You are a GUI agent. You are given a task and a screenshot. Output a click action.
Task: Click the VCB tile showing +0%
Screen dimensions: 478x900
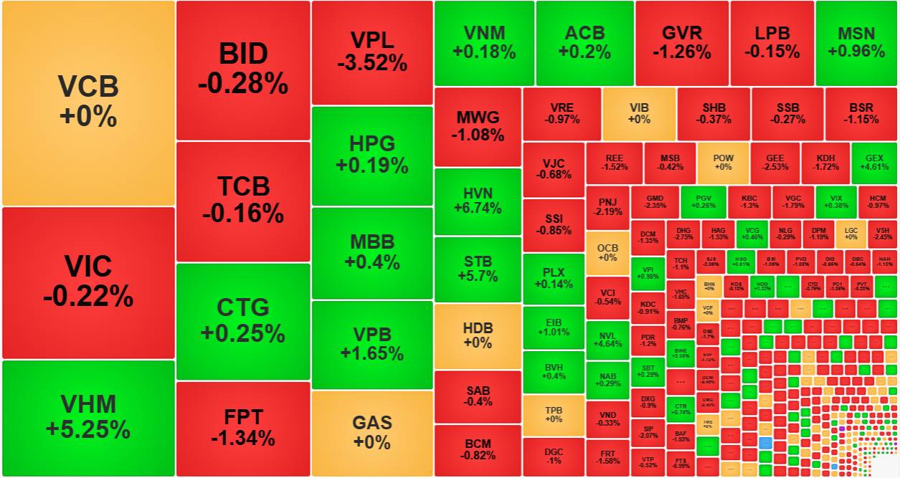(x=88, y=102)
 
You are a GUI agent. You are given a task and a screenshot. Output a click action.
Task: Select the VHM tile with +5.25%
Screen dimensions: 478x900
(x=88, y=417)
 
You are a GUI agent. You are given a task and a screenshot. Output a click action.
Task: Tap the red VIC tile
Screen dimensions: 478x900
(x=88, y=282)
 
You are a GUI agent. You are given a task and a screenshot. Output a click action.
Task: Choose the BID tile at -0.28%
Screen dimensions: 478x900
(x=243, y=70)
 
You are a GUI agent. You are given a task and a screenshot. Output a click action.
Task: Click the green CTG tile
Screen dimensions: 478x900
(x=243, y=321)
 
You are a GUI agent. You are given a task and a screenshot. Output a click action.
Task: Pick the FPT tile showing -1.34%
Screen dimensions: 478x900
(x=243, y=428)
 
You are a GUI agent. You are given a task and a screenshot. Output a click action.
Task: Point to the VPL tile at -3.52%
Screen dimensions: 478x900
(x=372, y=52)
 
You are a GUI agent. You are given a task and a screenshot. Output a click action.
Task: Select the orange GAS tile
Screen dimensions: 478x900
(x=372, y=433)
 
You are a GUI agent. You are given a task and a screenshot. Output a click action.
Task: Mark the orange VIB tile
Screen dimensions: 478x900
(x=639, y=114)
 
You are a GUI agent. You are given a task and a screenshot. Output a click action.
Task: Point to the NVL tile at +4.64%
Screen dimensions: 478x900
(x=607, y=340)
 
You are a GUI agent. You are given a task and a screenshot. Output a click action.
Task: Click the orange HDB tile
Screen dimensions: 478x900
(x=478, y=335)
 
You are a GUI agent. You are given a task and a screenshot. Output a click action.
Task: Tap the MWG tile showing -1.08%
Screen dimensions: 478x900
(x=478, y=126)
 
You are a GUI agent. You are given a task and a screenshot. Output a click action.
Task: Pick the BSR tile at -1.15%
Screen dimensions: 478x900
(x=861, y=114)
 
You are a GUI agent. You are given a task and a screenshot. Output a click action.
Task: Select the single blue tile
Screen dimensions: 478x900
(x=766, y=443)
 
